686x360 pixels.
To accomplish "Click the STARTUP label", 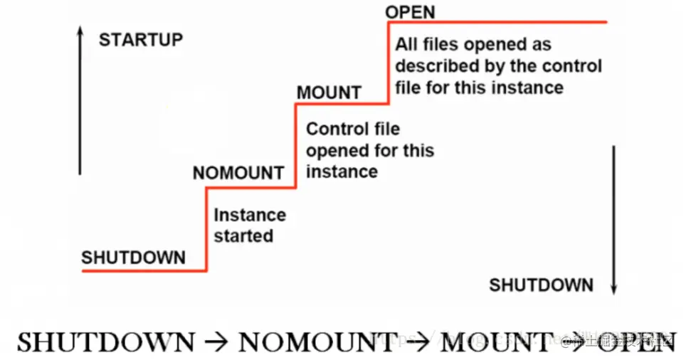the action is coord(141,39).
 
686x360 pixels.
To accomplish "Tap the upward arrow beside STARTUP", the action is coord(80,103).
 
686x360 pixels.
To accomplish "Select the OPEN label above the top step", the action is coord(410,12).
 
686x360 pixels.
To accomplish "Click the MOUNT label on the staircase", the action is coord(329,92).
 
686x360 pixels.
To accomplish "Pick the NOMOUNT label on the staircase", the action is coord(238,173).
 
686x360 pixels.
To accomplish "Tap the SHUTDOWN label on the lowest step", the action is coord(133,258).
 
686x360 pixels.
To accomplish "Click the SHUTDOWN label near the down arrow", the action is coord(541,285).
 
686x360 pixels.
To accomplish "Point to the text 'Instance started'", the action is coord(250,225).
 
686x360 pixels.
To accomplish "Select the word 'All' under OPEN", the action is coord(406,45).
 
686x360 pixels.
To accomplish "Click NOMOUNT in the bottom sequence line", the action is coord(317,342).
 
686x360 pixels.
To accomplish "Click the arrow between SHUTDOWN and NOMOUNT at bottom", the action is coord(216,343).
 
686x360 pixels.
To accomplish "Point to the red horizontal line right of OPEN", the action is coord(498,22).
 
